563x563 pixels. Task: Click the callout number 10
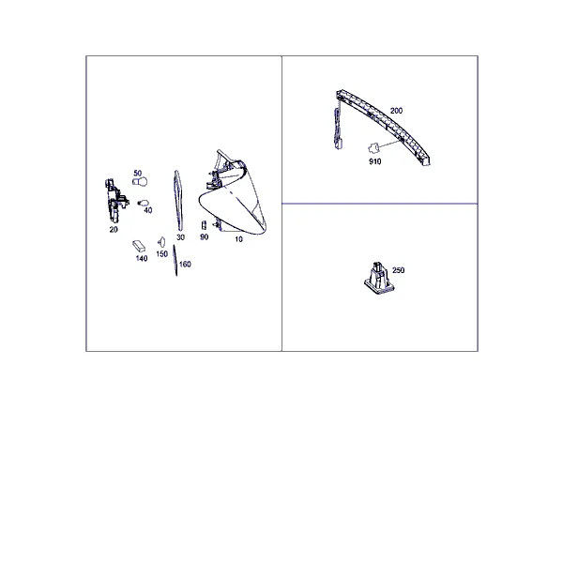pyautogui.click(x=238, y=239)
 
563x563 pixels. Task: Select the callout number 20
pyautogui.click(x=114, y=230)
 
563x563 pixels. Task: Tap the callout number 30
pyautogui.click(x=180, y=237)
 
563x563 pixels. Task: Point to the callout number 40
pyautogui.click(x=148, y=210)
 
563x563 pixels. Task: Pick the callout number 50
pyautogui.click(x=138, y=174)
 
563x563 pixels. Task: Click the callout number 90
pyautogui.click(x=205, y=237)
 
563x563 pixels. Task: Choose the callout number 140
pyautogui.click(x=142, y=259)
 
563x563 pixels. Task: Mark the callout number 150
pyautogui.click(x=162, y=254)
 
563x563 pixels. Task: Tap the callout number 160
pyautogui.click(x=185, y=265)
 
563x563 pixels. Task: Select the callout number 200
pyautogui.click(x=396, y=111)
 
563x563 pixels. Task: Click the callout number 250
pyautogui.click(x=398, y=270)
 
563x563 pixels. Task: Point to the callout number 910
pyautogui.click(x=374, y=162)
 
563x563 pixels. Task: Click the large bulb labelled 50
pyautogui.click(x=140, y=182)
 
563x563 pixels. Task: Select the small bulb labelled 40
pyautogui.click(x=144, y=203)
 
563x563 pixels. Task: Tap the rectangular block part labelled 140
pyautogui.click(x=139, y=246)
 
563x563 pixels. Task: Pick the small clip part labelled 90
pyautogui.click(x=204, y=225)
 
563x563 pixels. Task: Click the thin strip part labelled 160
pyautogui.click(x=175, y=261)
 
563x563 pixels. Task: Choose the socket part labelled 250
pyautogui.click(x=378, y=279)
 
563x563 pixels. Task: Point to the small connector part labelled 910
pyautogui.click(x=373, y=148)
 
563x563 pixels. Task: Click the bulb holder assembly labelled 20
pyautogui.click(x=116, y=200)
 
